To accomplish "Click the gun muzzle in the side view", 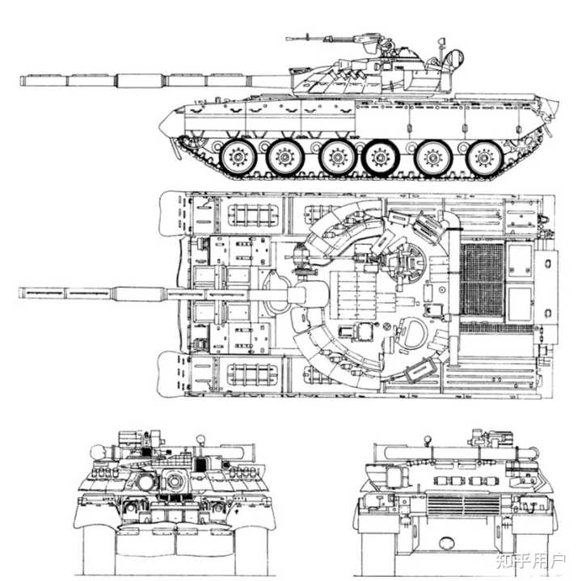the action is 23,81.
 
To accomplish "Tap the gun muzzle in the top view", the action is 22,293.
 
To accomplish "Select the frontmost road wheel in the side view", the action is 238,157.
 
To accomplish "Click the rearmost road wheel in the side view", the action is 484,158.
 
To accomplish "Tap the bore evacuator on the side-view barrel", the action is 141,81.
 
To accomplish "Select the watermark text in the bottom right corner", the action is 531,562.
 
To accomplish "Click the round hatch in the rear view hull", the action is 446,544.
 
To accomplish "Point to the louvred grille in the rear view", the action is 463,505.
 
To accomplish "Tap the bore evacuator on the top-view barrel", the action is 141,293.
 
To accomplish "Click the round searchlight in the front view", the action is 98,453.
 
